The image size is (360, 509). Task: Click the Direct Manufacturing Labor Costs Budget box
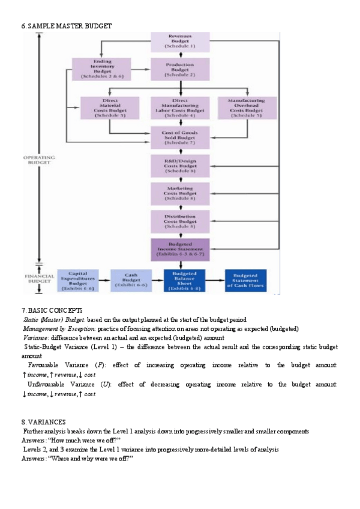[x=180, y=109]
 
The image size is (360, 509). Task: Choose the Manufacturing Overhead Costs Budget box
[x=246, y=109]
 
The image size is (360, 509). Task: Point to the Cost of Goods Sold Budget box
[x=180, y=137]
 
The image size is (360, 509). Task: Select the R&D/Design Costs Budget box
[x=180, y=165]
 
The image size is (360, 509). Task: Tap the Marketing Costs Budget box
[x=180, y=193]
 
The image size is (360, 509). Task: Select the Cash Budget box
[x=132, y=280]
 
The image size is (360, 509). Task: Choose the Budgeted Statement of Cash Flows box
[x=246, y=280]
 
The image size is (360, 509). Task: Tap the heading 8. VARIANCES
[x=44, y=423]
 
